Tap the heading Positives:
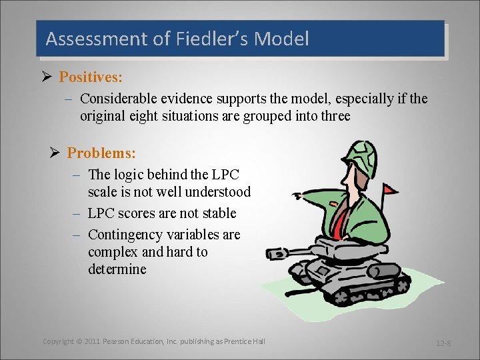[90, 77]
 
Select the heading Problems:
[101, 153]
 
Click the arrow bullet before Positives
[46, 77]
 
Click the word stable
[215, 213]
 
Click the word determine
[117, 269]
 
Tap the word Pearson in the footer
[119, 341]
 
